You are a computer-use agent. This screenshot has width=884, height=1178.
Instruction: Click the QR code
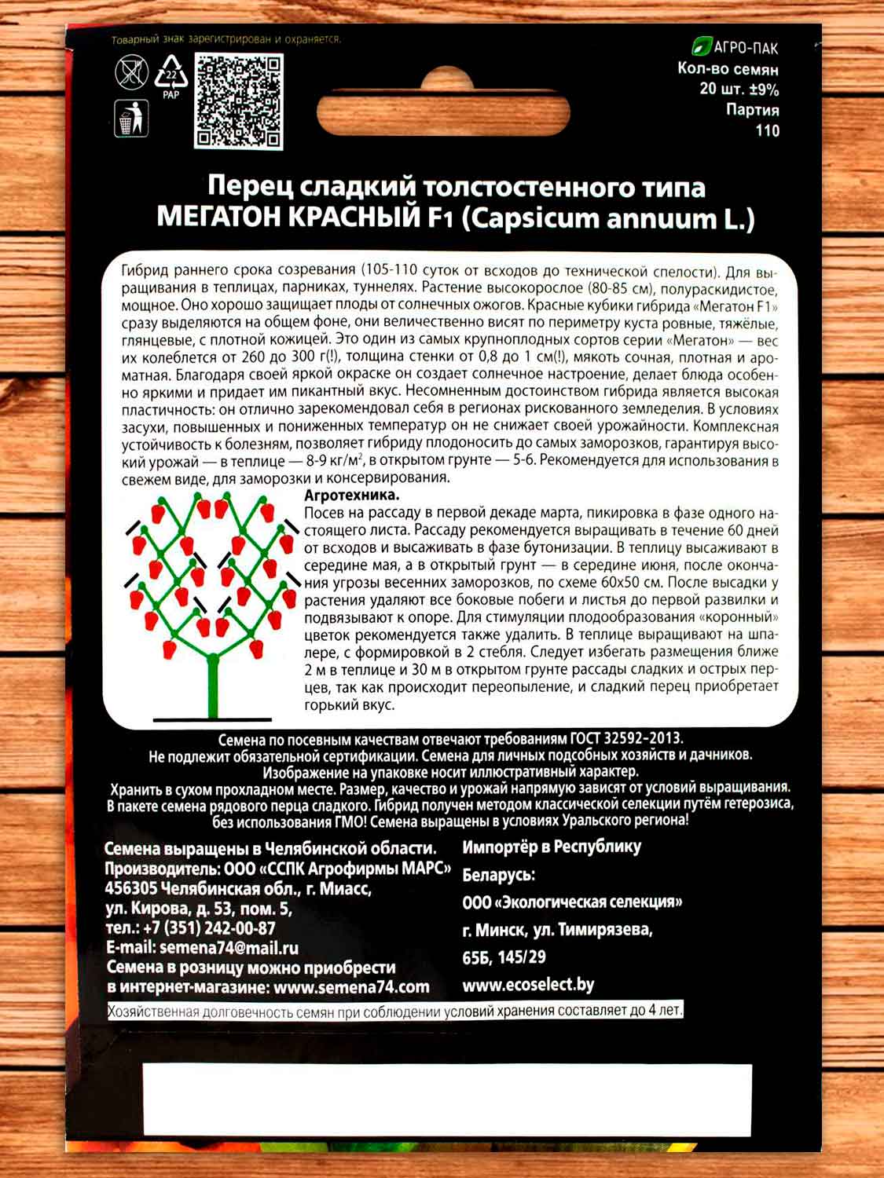pos(239,102)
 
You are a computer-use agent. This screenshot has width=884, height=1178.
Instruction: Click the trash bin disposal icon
pos(131,118)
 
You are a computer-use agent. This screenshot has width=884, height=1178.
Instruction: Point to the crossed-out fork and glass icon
pos(131,72)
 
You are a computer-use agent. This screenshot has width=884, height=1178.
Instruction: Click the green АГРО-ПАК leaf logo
pos(701,47)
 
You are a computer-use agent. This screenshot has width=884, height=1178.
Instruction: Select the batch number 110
pos(767,130)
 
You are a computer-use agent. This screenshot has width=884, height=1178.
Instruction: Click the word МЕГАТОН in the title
pos(221,217)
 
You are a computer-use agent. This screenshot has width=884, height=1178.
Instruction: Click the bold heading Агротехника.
pos(351,496)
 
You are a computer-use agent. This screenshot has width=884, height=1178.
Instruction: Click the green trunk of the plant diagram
pos(212,683)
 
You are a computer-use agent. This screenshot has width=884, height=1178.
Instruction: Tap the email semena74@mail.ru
pos(229,948)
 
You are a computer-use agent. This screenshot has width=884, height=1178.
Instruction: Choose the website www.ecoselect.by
pos(528,985)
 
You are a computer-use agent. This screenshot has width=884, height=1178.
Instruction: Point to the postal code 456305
pos(130,888)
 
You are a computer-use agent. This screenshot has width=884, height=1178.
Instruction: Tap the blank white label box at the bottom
pos(446,1099)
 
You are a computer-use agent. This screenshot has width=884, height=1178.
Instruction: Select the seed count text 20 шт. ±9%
pos(739,90)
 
